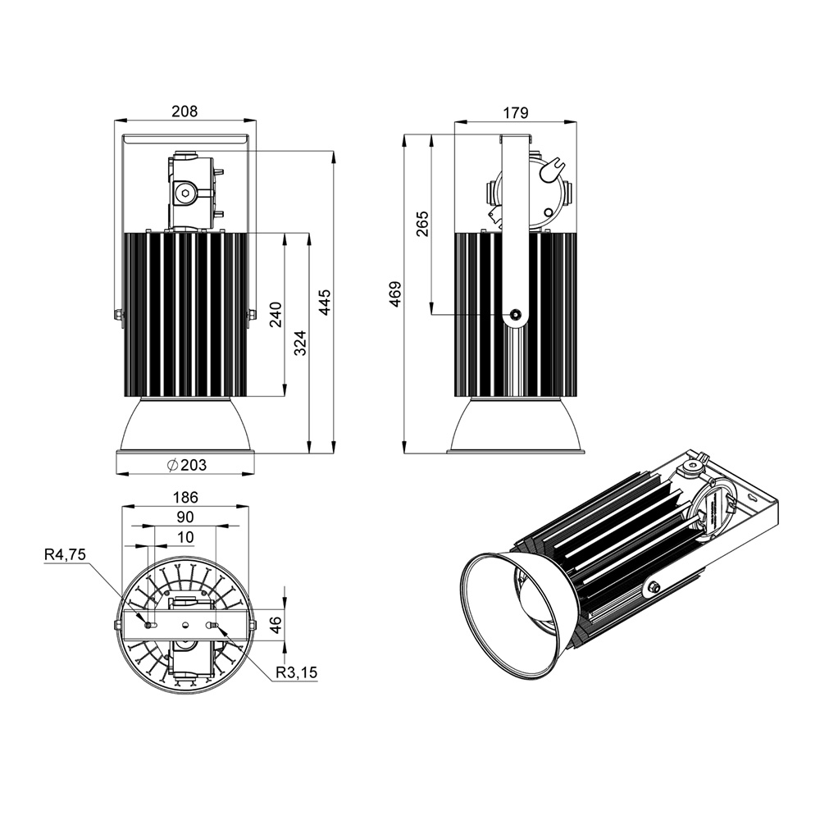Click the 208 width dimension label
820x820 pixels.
[x=185, y=112]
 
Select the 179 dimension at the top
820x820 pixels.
[x=516, y=113]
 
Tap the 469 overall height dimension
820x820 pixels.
[x=395, y=294]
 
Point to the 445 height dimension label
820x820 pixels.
[x=325, y=302]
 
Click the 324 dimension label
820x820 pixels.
[x=300, y=343]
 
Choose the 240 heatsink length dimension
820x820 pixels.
[x=276, y=314]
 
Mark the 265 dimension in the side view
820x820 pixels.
[x=422, y=223]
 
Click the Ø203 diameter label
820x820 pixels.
[x=187, y=464]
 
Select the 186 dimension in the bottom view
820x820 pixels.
[x=185, y=497]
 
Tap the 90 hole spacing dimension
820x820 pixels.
[x=185, y=517]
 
